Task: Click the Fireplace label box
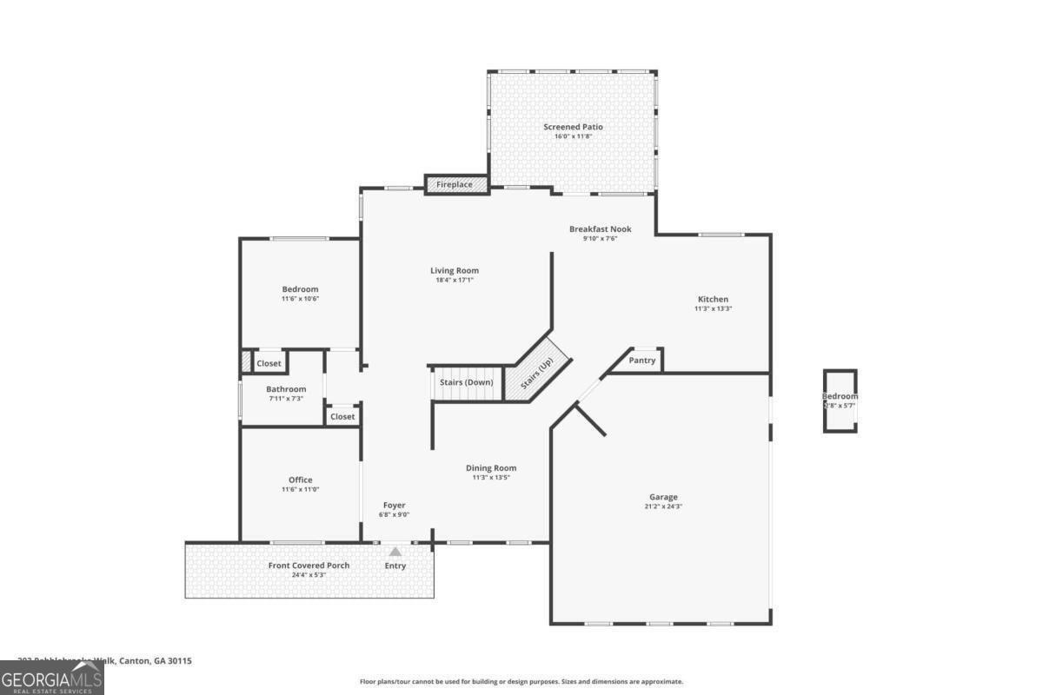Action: [455, 185]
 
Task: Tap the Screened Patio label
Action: [573, 127]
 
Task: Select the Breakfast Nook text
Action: [600, 229]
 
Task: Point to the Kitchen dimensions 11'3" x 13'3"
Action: [713, 309]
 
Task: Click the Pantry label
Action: [641, 361]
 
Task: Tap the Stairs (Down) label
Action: [466, 382]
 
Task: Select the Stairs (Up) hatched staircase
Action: [537, 374]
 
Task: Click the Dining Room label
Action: [491, 467]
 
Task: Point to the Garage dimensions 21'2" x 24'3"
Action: [663, 506]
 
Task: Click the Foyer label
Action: [394, 505]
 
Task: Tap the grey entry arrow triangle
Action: [395, 551]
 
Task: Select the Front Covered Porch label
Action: [309, 566]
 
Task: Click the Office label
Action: [300, 480]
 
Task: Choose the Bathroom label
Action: [286, 389]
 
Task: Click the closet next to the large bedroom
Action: [269, 363]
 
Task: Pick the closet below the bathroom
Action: [342, 417]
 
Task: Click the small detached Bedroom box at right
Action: [840, 400]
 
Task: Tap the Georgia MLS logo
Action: [52, 678]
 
